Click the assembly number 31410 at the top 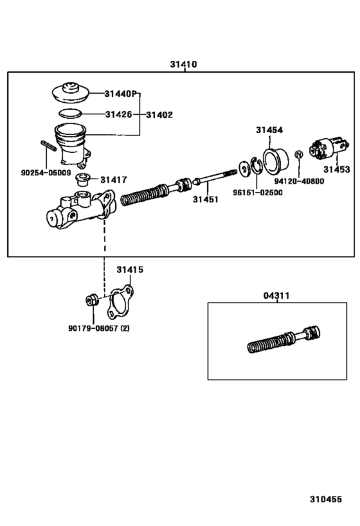coord(183,64)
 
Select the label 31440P coord(122,94)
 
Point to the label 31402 coord(159,115)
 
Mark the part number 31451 coord(205,199)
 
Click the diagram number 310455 coord(327,498)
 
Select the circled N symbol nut coord(298,155)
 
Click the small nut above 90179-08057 coord(93,299)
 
